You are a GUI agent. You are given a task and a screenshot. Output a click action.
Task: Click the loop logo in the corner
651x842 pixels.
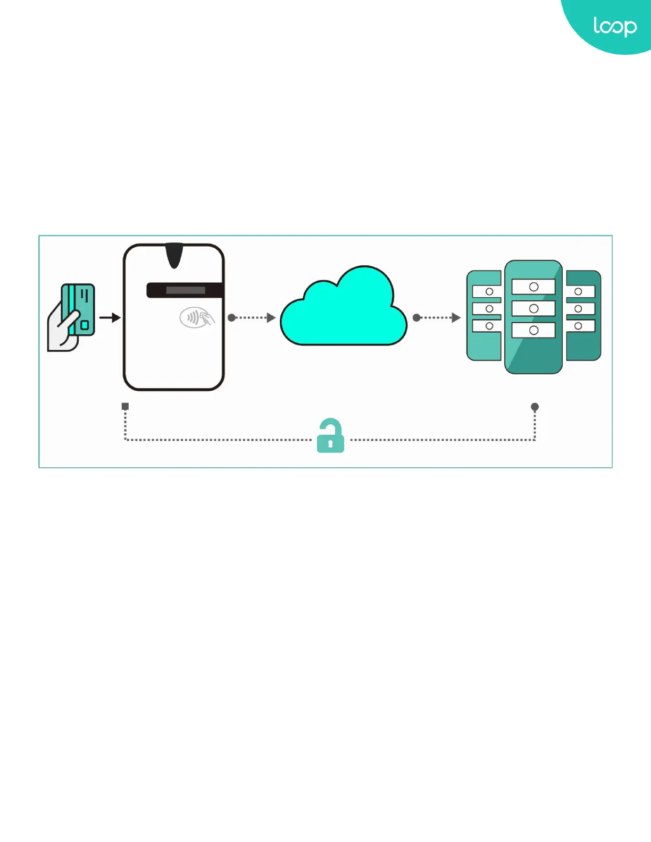tap(614, 26)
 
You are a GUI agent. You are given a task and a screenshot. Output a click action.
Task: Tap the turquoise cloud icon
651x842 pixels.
tap(344, 311)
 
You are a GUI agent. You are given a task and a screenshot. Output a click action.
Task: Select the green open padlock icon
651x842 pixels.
tap(330, 436)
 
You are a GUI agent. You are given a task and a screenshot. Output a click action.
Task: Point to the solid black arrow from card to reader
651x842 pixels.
tap(110, 318)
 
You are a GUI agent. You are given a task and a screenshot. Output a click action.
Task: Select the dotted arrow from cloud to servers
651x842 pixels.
tap(437, 318)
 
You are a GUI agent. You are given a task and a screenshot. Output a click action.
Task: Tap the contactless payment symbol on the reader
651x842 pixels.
tap(196, 318)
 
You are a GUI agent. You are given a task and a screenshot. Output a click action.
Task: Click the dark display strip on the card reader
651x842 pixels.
tap(185, 290)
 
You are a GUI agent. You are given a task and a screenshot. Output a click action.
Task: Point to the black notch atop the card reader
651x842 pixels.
tap(174, 255)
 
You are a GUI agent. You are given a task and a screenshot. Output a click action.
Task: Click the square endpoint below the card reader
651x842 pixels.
tap(126, 407)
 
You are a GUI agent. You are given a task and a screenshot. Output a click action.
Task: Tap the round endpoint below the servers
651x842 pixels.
tap(535, 407)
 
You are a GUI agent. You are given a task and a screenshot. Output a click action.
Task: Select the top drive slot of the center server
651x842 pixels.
tap(533, 287)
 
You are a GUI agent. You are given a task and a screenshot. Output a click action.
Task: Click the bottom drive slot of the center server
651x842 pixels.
tap(533, 330)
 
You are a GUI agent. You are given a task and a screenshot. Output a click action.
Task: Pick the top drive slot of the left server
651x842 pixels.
tap(487, 291)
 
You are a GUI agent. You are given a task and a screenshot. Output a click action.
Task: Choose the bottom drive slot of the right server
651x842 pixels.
tap(580, 326)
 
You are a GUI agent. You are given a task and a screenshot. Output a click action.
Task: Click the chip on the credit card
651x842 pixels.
tap(85, 325)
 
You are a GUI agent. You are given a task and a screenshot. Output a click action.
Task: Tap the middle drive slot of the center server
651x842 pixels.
tap(533, 308)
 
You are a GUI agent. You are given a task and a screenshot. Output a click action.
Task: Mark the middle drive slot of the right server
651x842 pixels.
tap(580, 308)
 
